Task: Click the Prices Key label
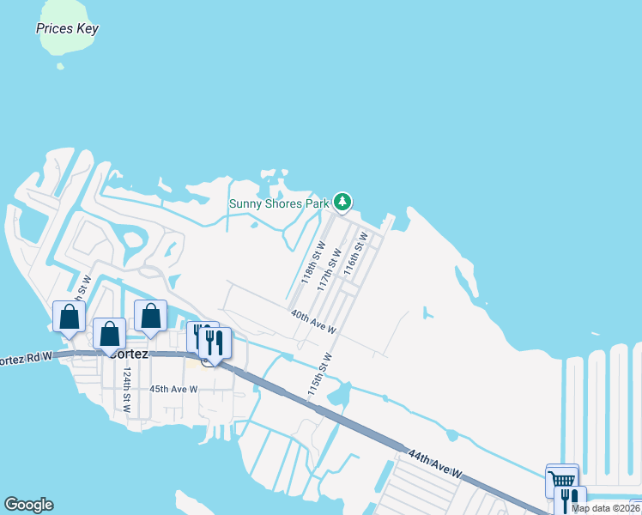tap(67, 28)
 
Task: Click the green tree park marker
tap(343, 203)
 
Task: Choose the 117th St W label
tap(329, 270)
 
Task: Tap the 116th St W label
tap(354, 253)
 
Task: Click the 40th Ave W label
tap(313, 322)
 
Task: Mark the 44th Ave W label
tap(435, 463)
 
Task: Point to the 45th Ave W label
tap(173, 389)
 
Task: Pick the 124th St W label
tap(126, 391)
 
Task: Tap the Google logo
tap(28, 505)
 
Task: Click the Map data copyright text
tap(606, 508)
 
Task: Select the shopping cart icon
tap(561, 479)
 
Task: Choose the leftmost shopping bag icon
tap(69, 316)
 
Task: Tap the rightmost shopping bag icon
tap(150, 315)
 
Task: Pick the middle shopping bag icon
tap(110, 333)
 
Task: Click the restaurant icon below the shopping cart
tap(571, 500)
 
